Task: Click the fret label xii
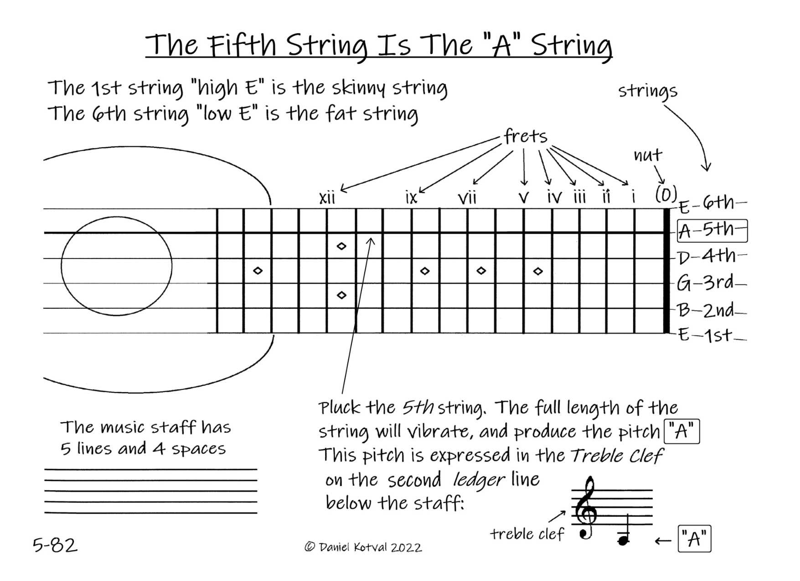(x=327, y=198)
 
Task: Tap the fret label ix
(x=411, y=197)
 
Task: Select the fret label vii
(x=467, y=198)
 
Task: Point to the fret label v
(x=523, y=198)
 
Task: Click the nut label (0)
(x=665, y=195)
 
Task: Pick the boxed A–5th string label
(x=712, y=231)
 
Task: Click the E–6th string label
(x=712, y=203)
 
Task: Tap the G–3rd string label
(x=711, y=283)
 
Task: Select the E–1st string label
(x=711, y=335)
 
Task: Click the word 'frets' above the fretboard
(x=525, y=137)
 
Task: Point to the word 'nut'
(x=647, y=155)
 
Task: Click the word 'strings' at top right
(x=647, y=91)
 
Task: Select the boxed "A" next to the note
(x=694, y=539)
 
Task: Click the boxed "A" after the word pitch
(x=682, y=432)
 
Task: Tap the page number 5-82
(x=55, y=545)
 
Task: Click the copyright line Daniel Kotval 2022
(x=363, y=547)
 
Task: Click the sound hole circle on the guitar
(x=116, y=266)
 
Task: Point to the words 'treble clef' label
(x=527, y=534)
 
